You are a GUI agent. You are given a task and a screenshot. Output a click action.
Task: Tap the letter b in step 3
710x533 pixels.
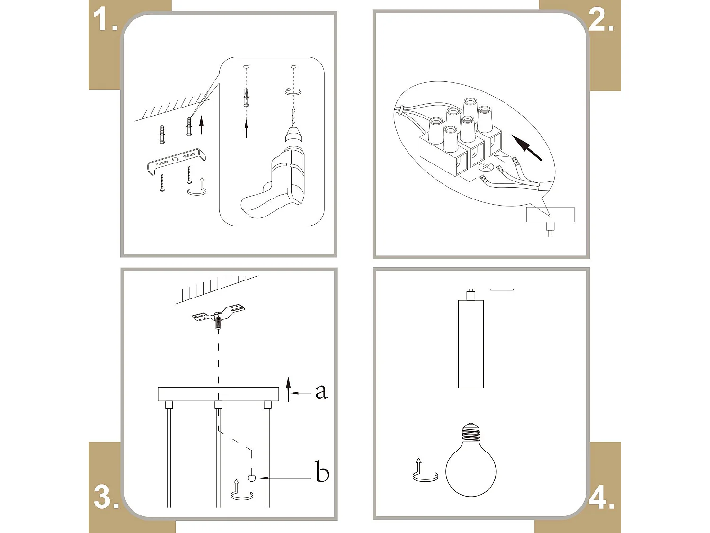click(322, 472)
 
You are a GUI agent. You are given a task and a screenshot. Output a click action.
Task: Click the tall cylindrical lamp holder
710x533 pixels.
click(470, 343)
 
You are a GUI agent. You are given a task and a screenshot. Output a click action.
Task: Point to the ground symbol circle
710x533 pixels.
click(485, 167)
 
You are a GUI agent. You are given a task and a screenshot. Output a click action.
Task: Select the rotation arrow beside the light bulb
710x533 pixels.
click(424, 471)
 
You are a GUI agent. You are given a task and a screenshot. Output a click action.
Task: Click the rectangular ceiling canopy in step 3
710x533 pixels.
click(218, 394)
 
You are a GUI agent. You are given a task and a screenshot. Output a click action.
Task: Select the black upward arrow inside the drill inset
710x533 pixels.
click(246, 128)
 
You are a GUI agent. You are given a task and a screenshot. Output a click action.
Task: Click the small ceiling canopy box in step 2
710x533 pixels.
click(550, 214)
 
